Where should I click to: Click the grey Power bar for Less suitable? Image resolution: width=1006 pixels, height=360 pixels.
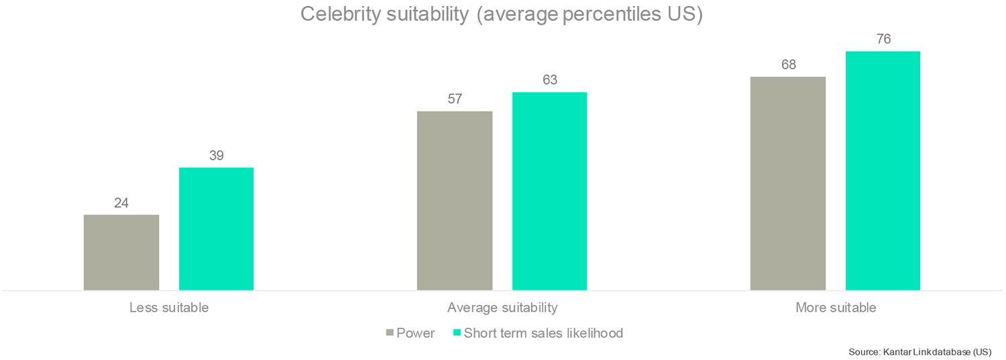pyautogui.click(x=121, y=253)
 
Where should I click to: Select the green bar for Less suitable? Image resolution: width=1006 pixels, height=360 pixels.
pyautogui.click(x=216, y=229)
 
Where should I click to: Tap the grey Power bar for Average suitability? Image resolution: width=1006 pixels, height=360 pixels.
pyautogui.click(x=455, y=200)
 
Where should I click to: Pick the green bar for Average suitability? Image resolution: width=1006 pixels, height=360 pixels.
pyautogui.click(x=549, y=191)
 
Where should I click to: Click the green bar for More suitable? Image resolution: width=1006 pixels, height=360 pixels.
pyautogui.click(x=883, y=170)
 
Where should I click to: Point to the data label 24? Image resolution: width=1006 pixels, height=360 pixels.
pyautogui.click(x=121, y=202)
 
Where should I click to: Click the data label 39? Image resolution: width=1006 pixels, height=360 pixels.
pyautogui.click(x=216, y=156)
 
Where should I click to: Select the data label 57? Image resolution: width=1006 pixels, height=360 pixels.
pyautogui.click(x=455, y=99)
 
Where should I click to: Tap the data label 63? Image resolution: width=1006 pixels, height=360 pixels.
pyautogui.click(x=549, y=80)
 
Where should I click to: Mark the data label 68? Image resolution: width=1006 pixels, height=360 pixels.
pyautogui.click(x=788, y=65)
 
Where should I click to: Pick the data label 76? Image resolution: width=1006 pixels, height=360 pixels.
pyautogui.click(x=883, y=40)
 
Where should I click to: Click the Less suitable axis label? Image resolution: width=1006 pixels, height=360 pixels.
pyautogui.click(x=169, y=308)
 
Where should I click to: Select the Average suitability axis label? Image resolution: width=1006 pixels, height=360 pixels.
pyautogui.click(x=502, y=308)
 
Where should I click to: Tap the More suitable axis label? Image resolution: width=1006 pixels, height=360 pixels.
pyautogui.click(x=836, y=308)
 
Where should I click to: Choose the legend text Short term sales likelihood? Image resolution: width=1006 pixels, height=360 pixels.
pyautogui.click(x=543, y=333)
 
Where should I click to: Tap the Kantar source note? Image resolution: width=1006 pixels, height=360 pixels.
pyautogui.click(x=919, y=352)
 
